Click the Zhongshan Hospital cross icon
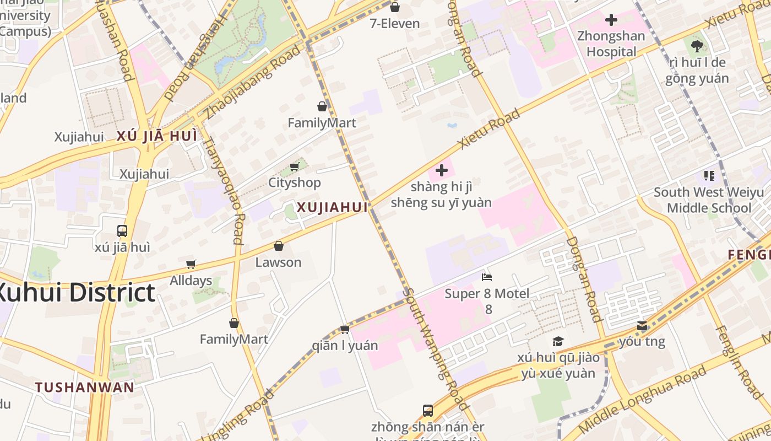point(611,20)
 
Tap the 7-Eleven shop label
point(395,23)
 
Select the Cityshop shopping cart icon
point(294,166)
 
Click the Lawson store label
point(278,262)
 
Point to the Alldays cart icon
point(191,264)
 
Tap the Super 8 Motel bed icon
point(486,277)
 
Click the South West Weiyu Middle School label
point(708,200)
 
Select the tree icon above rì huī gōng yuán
point(697,46)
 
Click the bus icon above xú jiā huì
point(122,231)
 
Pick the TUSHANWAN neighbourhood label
point(85,387)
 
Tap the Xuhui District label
point(74,293)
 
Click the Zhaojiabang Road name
point(253,83)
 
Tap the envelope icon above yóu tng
point(642,326)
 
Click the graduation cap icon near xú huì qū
point(558,341)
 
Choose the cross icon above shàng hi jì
point(441,170)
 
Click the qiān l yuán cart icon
point(345,329)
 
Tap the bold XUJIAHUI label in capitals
point(332,208)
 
